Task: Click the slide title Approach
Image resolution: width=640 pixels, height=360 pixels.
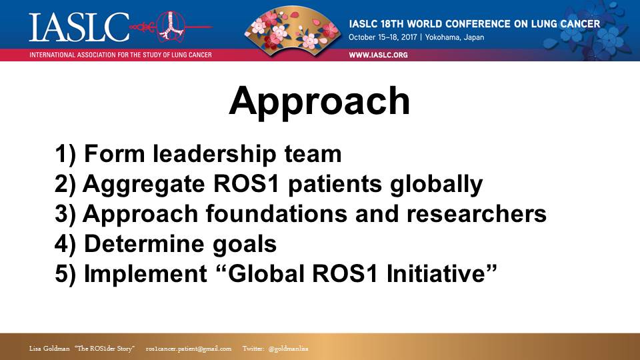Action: (x=319, y=102)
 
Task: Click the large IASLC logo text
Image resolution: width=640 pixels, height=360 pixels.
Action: (x=79, y=27)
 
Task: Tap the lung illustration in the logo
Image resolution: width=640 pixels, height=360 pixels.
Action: (x=171, y=26)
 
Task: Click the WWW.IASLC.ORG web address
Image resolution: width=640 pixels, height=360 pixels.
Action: (x=378, y=55)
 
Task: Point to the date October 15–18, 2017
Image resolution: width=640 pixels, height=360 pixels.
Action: (x=383, y=37)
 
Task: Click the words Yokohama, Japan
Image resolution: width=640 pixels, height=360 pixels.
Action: (x=454, y=37)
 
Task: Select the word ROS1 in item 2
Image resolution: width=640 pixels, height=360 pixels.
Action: (x=246, y=184)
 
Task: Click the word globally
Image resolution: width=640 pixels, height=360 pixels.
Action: (x=436, y=184)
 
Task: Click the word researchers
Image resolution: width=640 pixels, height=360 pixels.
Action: (x=476, y=214)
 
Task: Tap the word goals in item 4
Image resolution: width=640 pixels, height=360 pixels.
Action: (x=245, y=245)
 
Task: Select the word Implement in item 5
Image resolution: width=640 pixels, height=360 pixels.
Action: (x=146, y=274)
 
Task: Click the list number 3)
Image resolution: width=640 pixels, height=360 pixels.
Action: (x=65, y=214)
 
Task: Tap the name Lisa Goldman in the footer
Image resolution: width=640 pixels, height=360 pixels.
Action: (x=49, y=349)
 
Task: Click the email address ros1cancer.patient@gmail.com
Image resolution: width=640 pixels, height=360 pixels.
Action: (x=189, y=349)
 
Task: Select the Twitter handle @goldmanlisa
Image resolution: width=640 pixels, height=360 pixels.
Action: (x=288, y=349)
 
